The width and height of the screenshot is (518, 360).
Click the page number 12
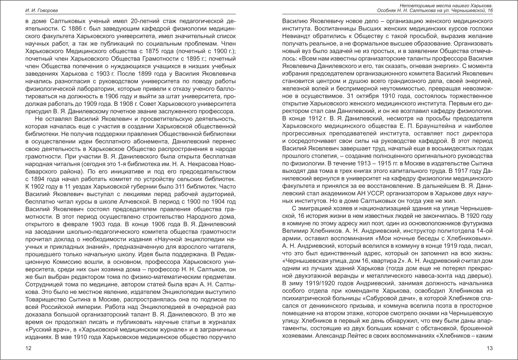(x=28, y=348)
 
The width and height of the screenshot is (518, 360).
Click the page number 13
(x=490, y=348)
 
